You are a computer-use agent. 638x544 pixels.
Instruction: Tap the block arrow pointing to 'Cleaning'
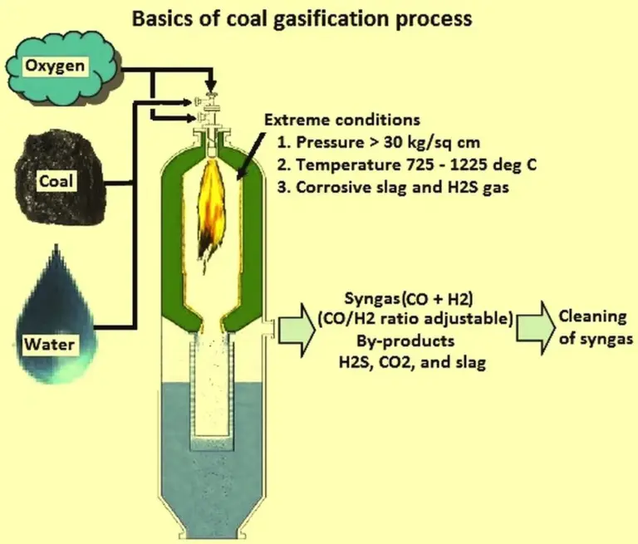(x=532, y=323)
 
